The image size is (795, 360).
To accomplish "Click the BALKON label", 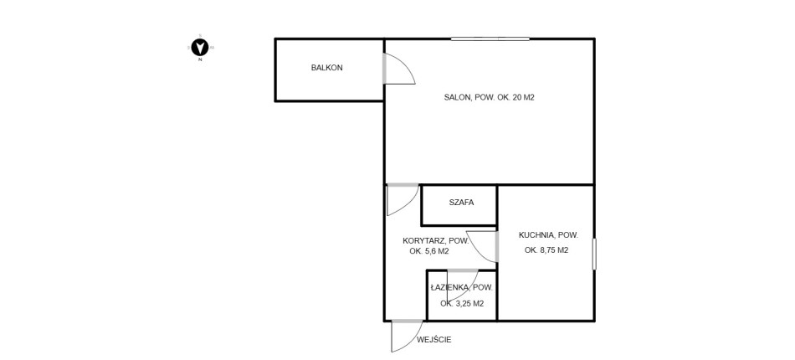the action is click(x=327, y=68).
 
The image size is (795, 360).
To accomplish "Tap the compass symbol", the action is click(x=201, y=48).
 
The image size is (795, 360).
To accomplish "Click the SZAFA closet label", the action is click(x=461, y=203).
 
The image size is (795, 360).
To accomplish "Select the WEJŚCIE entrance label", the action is click(x=434, y=340).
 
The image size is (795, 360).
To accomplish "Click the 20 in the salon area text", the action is click(x=518, y=97).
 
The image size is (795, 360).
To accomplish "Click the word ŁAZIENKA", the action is click(x=449, y=287).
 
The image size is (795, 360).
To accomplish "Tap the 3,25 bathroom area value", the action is click(x=463, y=304).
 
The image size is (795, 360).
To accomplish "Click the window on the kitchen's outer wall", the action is click(x=594, y=254).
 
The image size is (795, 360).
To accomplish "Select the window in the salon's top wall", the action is click(x=490, y=39).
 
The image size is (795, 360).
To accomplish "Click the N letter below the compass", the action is click(x=201, y=59).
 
